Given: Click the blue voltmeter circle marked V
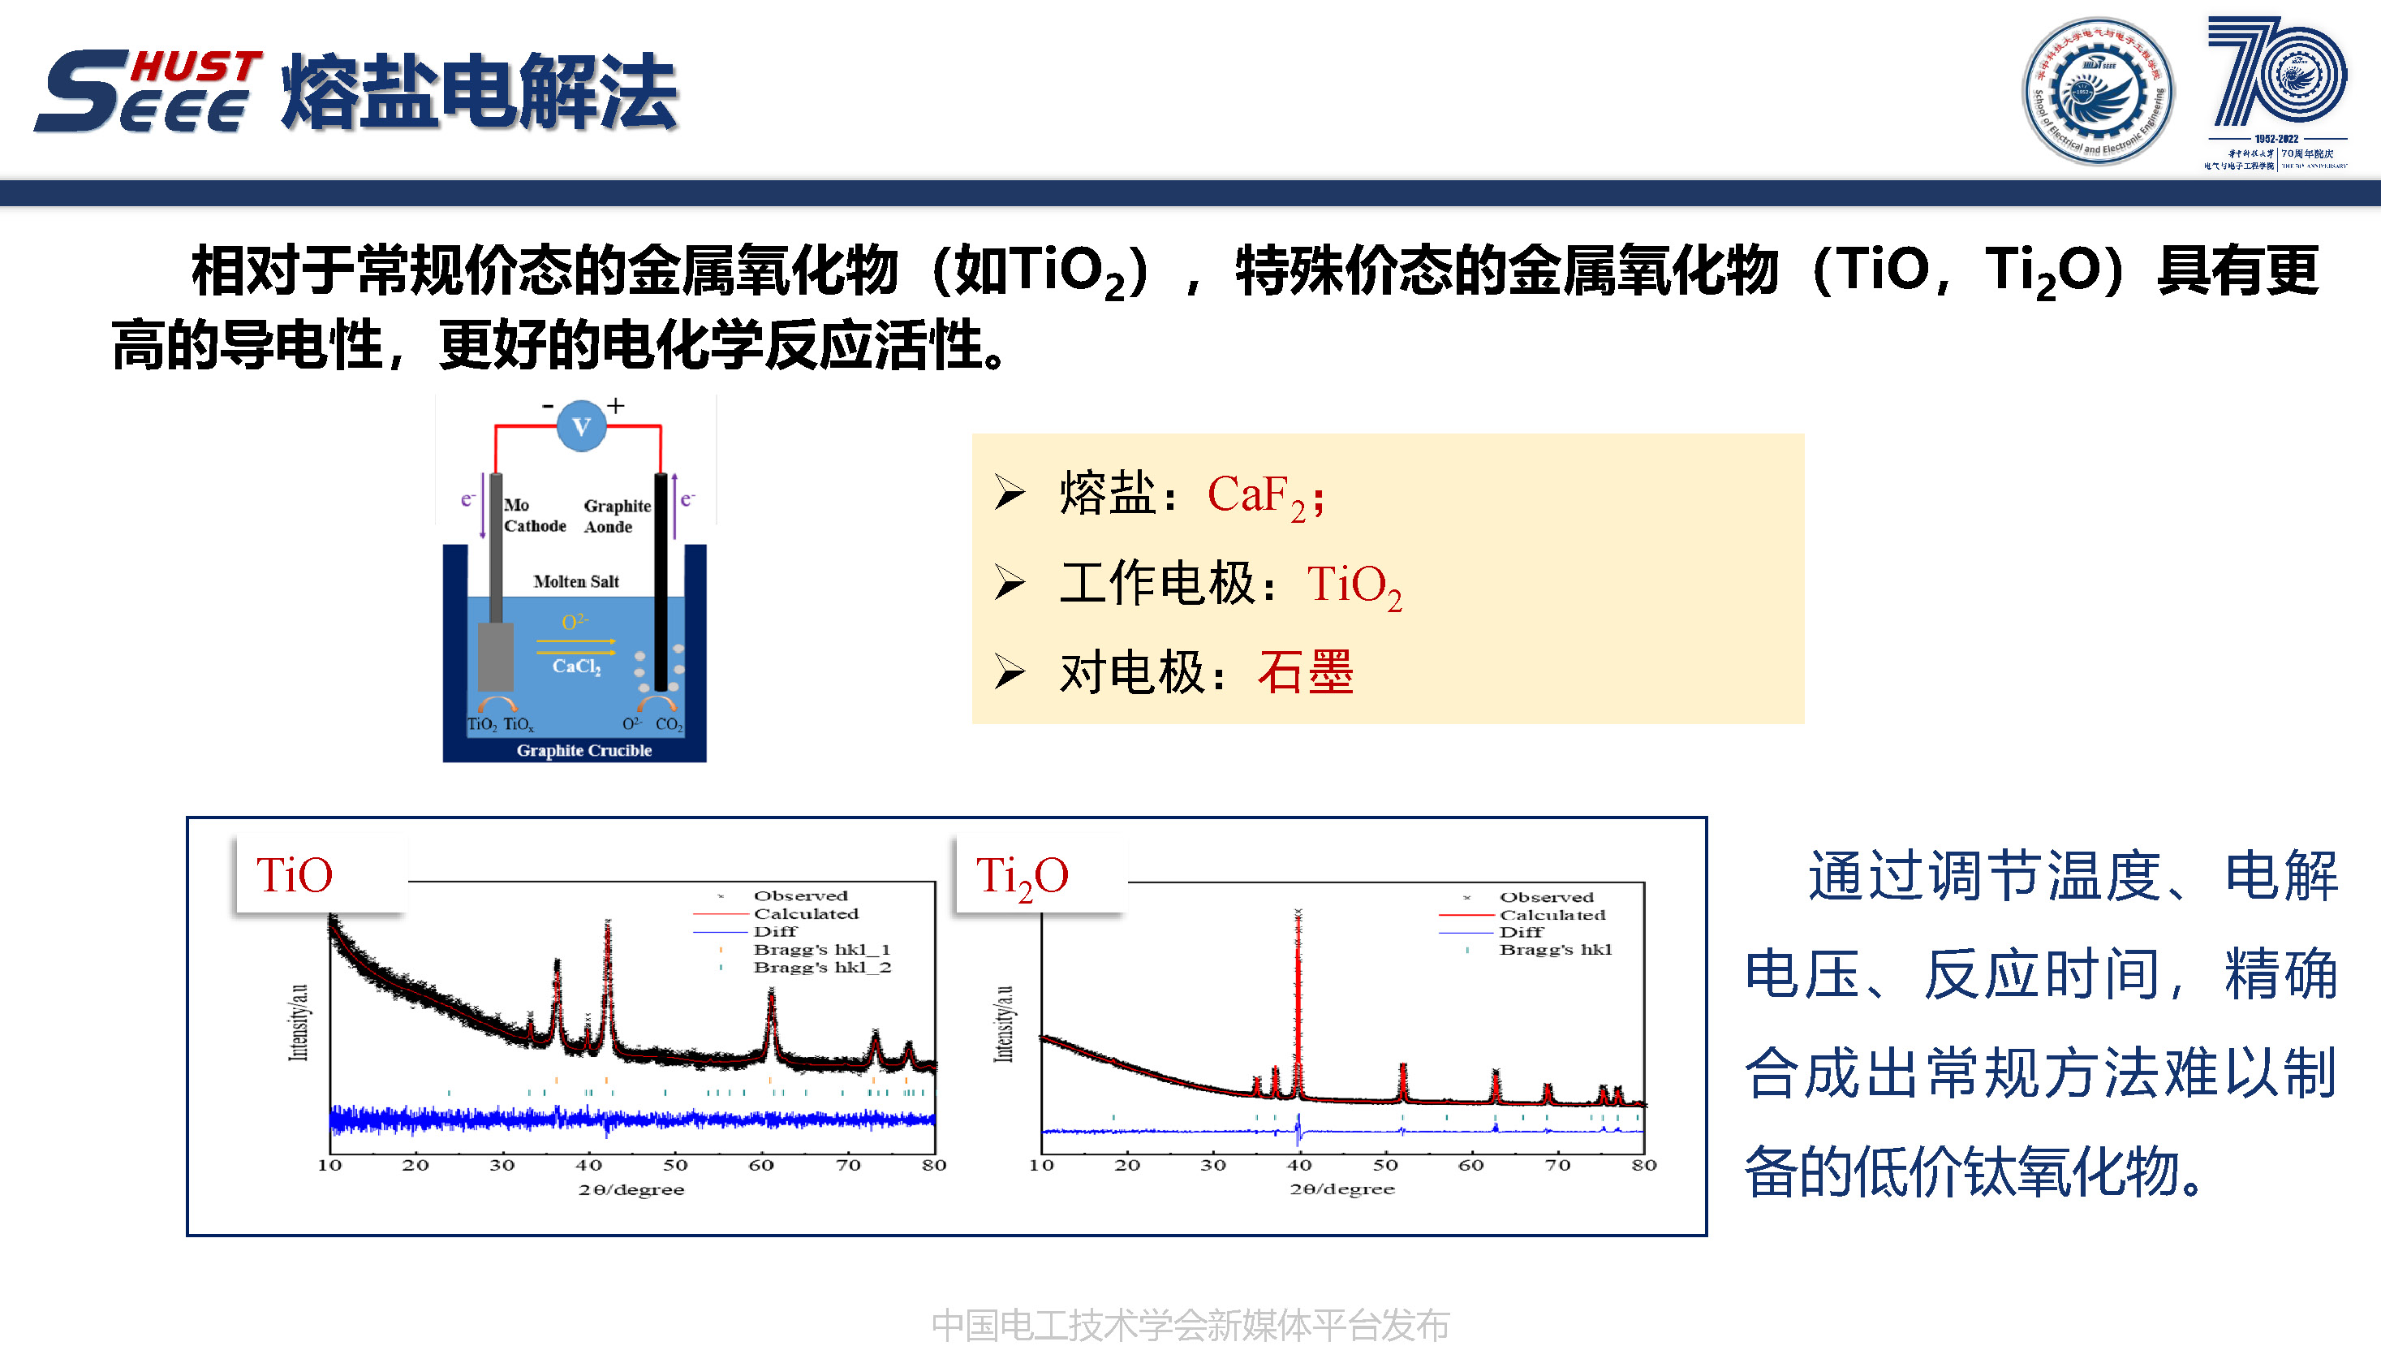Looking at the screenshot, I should pos(581,426).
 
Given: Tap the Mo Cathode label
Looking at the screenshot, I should pos(533,516).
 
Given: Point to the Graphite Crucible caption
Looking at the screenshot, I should pos(583,751).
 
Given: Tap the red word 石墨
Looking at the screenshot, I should pos(1305,672).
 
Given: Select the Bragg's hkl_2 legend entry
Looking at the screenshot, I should pos(820,967).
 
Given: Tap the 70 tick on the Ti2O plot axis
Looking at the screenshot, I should pos(1557,1165).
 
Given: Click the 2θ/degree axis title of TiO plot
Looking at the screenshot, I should pos(631,1190).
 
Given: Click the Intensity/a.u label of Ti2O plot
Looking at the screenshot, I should pos(1004,1024).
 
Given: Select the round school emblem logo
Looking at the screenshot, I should pos(2097,91).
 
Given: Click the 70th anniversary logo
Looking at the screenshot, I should pos(2276,91).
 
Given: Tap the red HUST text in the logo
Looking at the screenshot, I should pos(196,67).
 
